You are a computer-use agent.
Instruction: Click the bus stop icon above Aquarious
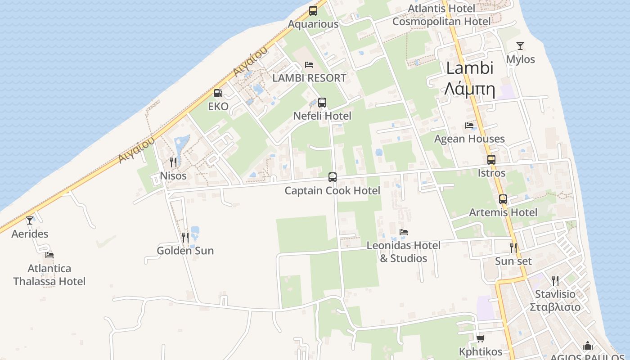tap(313, 11)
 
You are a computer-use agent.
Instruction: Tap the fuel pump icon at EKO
tap(218, 93)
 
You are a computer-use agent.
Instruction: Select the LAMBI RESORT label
tap(309, 78)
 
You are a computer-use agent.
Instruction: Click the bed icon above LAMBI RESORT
tap(309, 65)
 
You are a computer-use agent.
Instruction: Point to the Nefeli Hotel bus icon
tap(322, 103)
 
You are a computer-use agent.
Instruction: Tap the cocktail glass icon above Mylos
tap(520, 46)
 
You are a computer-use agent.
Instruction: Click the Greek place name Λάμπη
tap(470, 89)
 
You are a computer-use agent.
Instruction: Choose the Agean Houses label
tap(469, 139)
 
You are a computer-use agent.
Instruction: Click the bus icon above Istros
tap(491, 160)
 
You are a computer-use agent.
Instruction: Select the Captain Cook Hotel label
tap(332, 190)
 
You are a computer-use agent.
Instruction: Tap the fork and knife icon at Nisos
tap(173, 162)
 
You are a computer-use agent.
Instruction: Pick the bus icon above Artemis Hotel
tap(503, 199)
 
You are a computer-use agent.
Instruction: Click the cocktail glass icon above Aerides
tap(30, 220)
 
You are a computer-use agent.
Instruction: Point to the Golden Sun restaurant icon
tap(185, 237)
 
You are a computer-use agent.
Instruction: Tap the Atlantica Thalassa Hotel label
tap(49, 275)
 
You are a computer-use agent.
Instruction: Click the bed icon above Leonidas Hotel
tap(404, 232)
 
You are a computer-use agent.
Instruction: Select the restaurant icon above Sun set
tap(513, 247)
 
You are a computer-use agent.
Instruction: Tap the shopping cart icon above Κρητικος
tap(480, 338)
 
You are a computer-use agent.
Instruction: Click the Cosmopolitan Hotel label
tap(441, 22)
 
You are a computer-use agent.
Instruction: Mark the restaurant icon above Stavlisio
tap(555, 281)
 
